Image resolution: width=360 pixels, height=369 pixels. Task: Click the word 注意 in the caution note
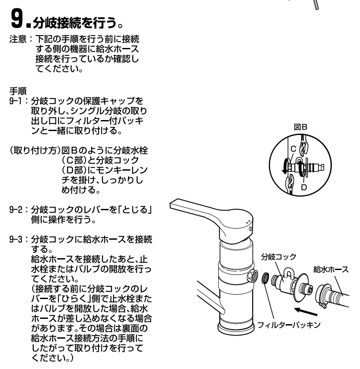tap(18, 39)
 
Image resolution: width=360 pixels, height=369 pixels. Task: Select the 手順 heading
tap(18, 91)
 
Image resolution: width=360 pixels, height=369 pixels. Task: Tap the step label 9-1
tap(15, 101)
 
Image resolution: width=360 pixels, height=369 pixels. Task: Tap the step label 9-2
tap(16, 209)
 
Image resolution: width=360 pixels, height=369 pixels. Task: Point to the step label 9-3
tap(16, 239)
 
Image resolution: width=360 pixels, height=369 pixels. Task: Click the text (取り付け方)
tap(35, 150)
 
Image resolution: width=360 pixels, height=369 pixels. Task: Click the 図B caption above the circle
tap(301, 127)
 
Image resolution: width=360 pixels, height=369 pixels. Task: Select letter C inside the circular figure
tap(293, 149)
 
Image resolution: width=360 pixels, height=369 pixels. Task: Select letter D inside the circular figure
tap(304, 187)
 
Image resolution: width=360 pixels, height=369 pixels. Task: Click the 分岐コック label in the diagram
tap(278, 257)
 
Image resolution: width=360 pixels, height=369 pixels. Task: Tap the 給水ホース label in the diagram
tap(331, 270)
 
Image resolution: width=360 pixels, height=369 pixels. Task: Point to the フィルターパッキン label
tap(289, 325)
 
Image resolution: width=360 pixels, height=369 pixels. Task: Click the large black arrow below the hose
tap(306, 311)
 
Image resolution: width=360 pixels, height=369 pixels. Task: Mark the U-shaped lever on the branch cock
tap(288, 273)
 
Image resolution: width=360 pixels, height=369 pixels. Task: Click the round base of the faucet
tap(236, 328)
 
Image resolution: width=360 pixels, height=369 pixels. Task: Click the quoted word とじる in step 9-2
tap(136, 209)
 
